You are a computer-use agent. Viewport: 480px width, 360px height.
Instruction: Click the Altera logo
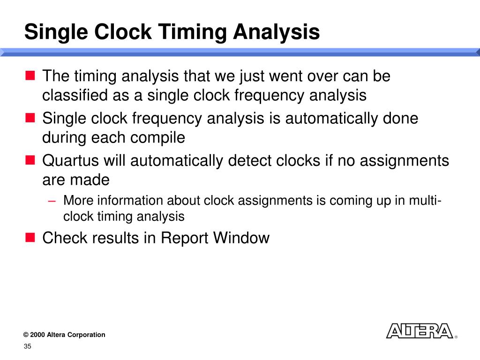pyautogui.click(x=419, y=331)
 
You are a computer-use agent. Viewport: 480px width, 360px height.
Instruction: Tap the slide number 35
pyautogui.click(x=27, y=346)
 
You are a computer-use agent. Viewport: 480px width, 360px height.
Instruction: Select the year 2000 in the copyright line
pyautogui.click(x=37, y=335)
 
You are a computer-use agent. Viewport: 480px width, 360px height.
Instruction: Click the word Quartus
pyautogui.click(x=70, y=161)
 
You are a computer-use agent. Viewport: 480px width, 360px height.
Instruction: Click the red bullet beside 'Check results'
pyautogui.click(x=30, y=238)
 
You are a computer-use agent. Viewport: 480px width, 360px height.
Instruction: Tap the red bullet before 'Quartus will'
pyautogui.click(x=30, y=160)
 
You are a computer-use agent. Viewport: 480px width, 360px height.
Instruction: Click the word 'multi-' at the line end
pyautogui.click(x=424, y=201)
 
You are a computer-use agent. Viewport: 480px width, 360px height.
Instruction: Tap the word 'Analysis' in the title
pyautogui.click(x=277, y=32)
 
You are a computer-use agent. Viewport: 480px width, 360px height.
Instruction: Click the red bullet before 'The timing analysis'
pyautogui.click(x=30, y=75)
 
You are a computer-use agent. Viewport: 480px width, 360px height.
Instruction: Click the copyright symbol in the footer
pyautogui.click(x=26, y=335)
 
